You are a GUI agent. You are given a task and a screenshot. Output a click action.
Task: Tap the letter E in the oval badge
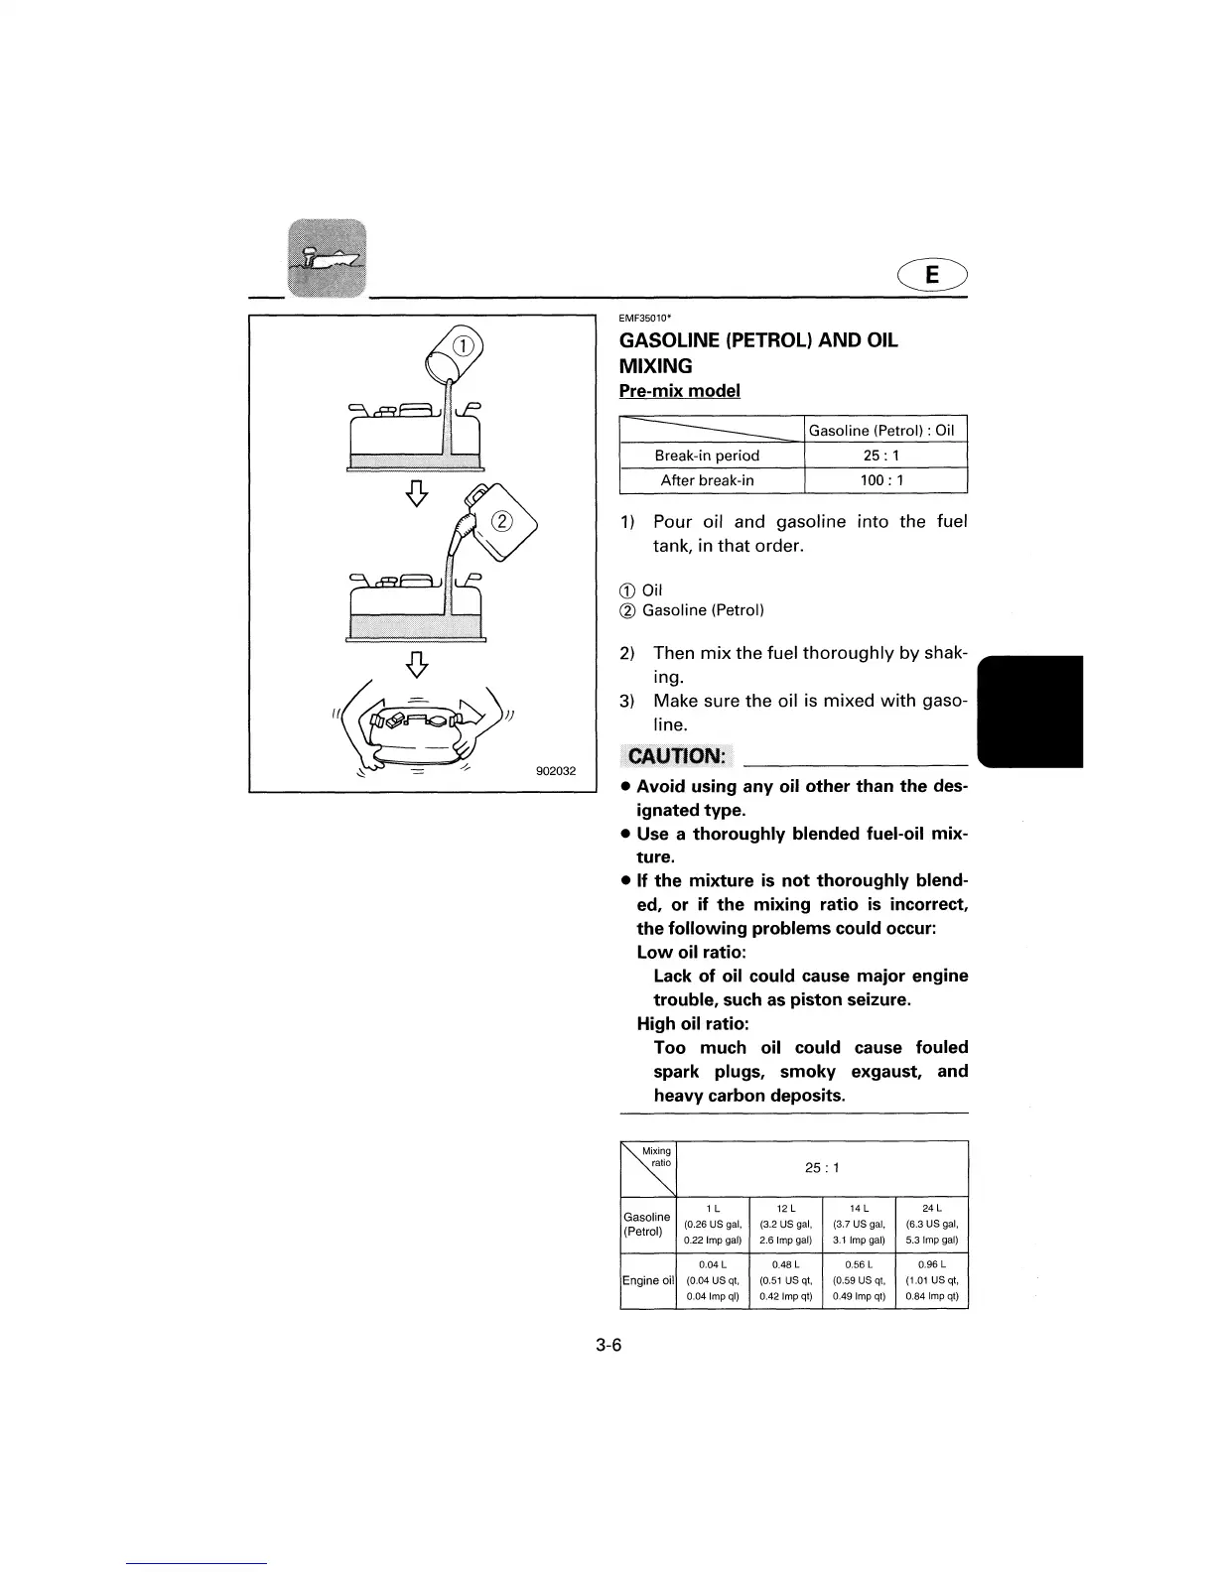point(931,275)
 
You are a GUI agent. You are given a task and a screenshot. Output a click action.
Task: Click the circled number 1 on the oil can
point(463,345)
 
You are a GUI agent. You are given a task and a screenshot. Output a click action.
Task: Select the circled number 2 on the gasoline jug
point(502,522)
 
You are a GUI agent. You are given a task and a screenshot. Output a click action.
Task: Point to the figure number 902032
point(556,771)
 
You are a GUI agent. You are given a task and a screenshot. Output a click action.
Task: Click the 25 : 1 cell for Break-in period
point(883,456)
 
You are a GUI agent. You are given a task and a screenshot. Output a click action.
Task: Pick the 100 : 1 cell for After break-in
point(883,480)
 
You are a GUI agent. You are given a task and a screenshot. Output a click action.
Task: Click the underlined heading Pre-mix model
point(679,391)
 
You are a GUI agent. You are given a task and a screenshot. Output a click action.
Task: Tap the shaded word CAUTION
point(676,757)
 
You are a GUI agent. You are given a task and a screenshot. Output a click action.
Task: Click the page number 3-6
point(608,1346)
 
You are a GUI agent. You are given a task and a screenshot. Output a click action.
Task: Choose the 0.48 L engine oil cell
point(785,1280)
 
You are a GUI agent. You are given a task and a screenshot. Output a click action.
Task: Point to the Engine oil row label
point(647,1280)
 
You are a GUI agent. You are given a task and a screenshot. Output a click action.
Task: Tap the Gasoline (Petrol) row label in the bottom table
point(647,1224)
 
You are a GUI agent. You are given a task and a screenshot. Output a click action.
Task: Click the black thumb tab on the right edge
point(1031,711)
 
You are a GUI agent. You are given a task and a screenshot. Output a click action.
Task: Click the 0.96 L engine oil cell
point(931,1280)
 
